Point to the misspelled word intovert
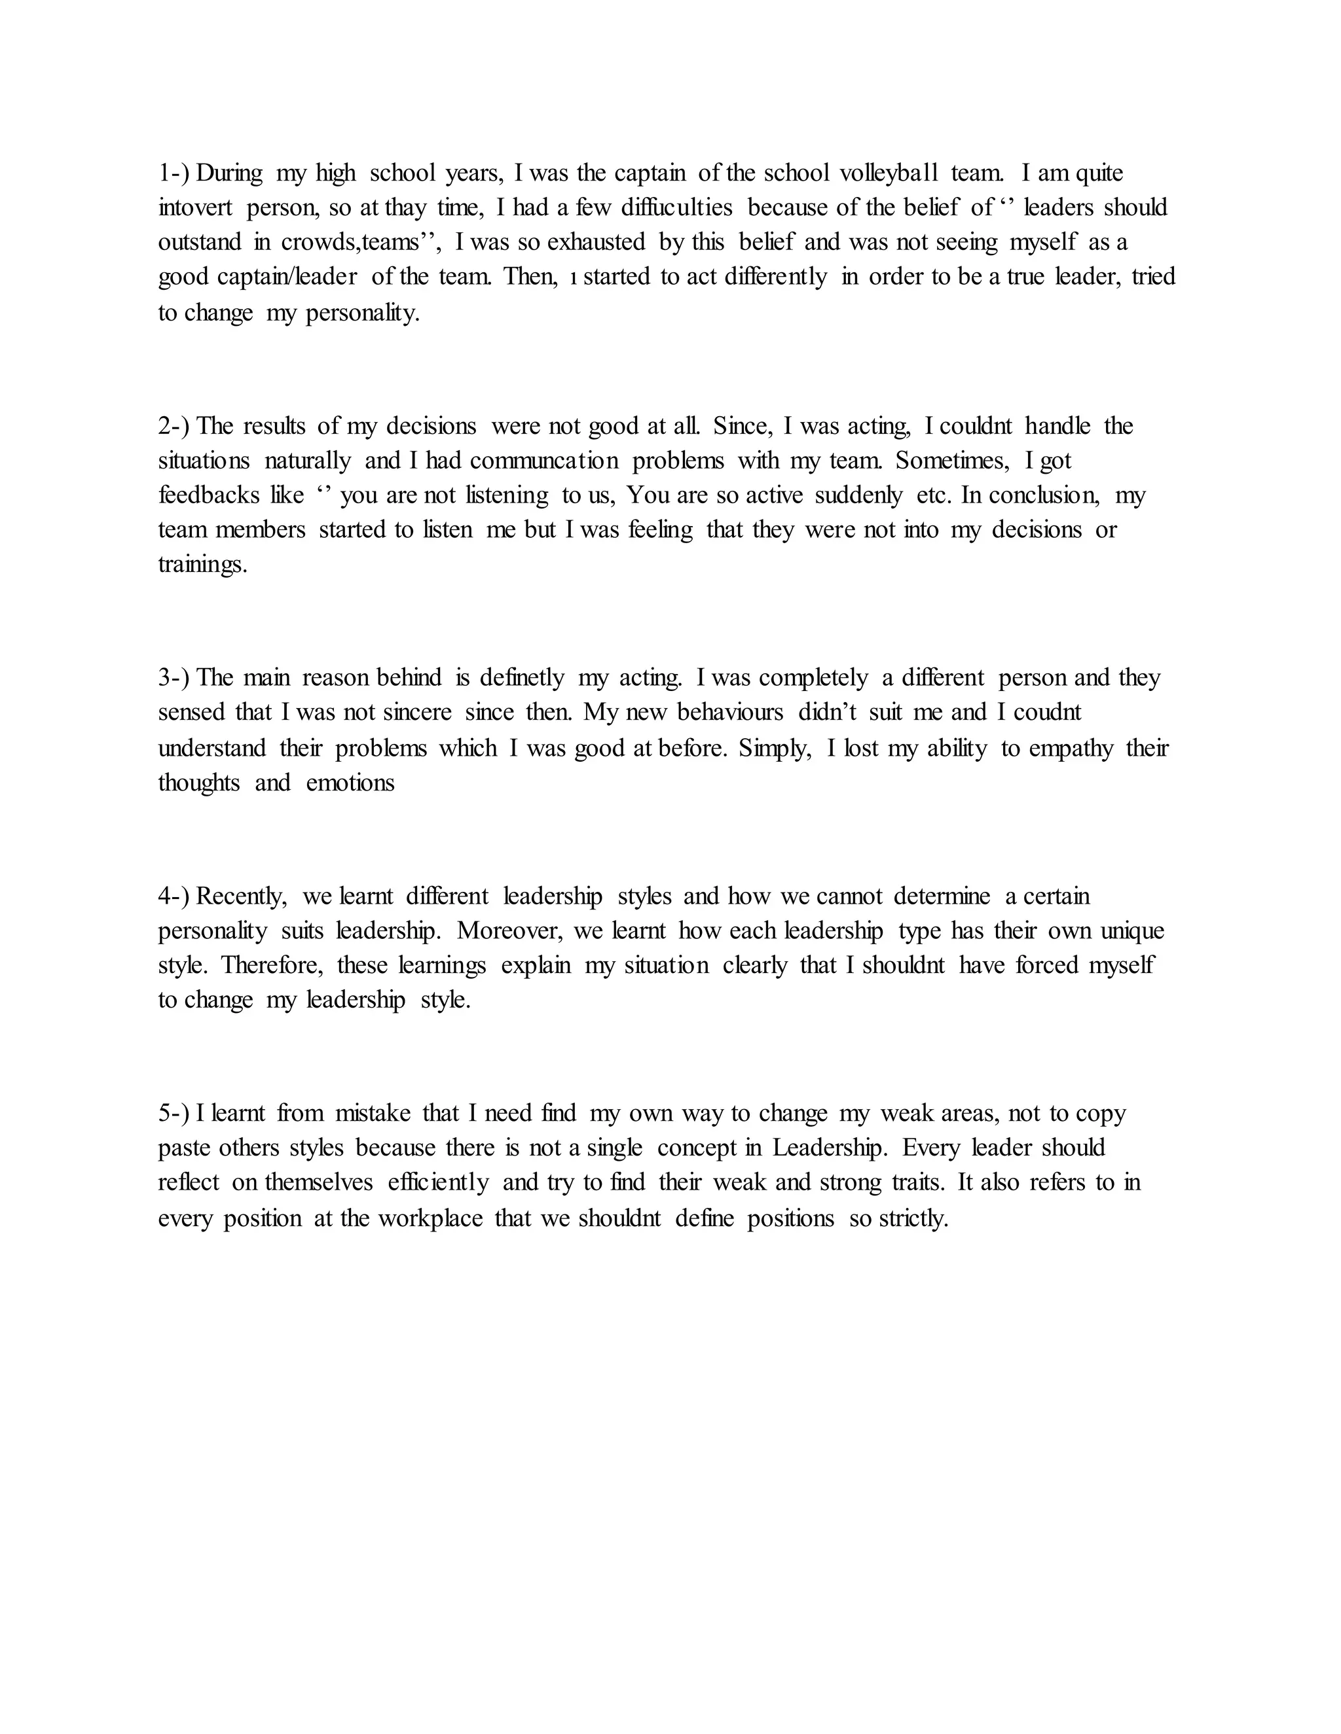click(x=195, y=208)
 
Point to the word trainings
click(x=202, y=565)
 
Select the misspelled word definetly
click(x=522, y=678)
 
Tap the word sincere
click(x=417, y=712)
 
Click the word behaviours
click(x=730, y=712)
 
